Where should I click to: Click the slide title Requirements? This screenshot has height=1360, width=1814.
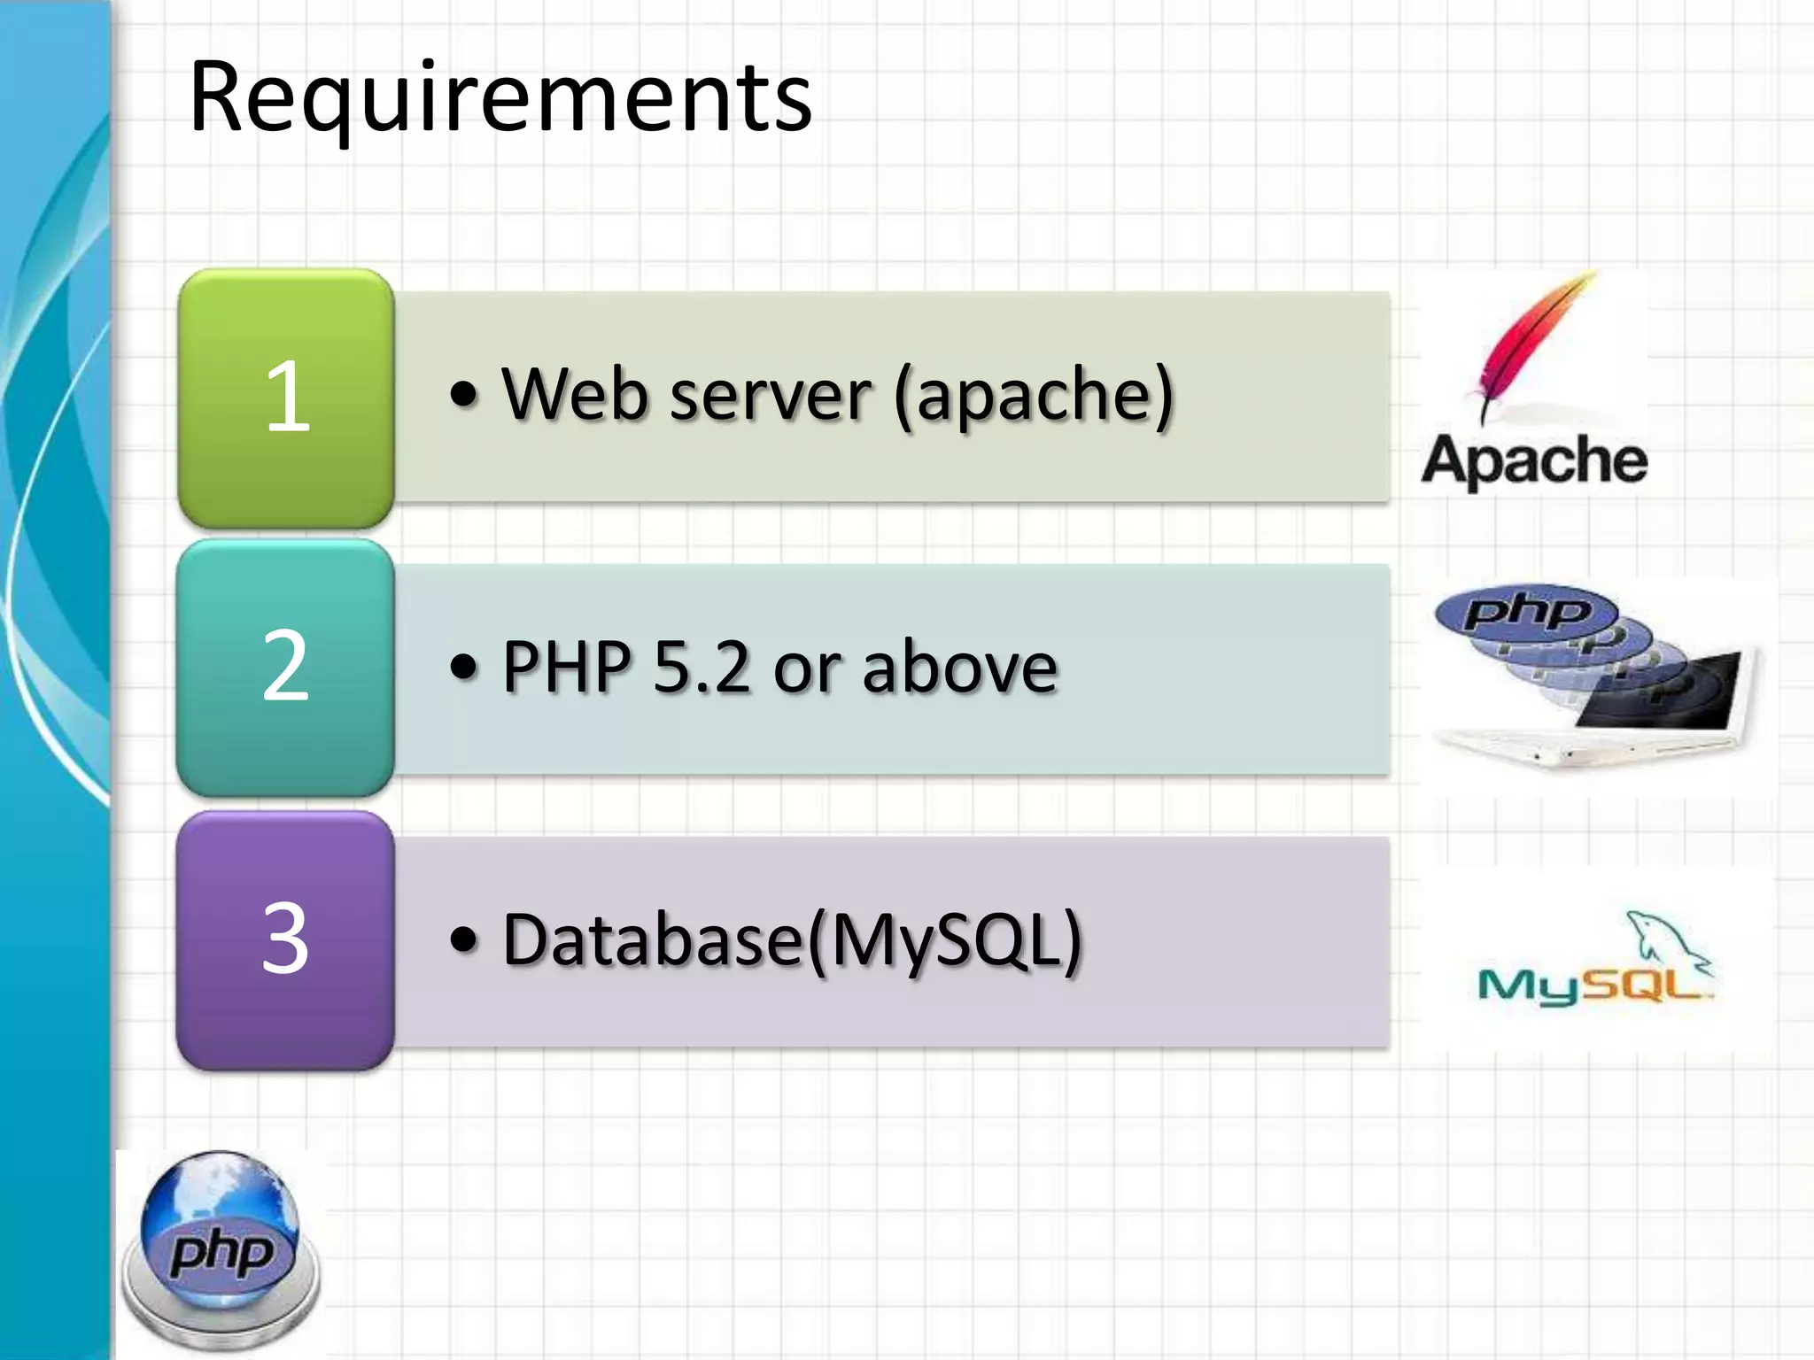(500, 97)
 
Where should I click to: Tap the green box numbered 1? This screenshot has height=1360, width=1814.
(286, 398)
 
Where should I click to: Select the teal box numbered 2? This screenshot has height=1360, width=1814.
(285, 668)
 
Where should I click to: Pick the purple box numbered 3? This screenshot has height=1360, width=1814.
(285, 940)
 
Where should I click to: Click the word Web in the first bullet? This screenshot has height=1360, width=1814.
(576, 394)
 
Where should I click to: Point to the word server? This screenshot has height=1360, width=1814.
(771, 396)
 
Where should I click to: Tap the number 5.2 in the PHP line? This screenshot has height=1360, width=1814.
(701, 667)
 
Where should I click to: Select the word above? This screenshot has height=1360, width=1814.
(960, 667)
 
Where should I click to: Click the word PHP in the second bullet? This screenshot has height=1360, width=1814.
(567, 667)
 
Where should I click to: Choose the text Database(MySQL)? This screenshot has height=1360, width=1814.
(793, 940)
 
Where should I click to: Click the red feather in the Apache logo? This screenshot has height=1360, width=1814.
(1537, 341)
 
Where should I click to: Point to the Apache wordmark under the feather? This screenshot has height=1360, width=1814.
(1535, 460)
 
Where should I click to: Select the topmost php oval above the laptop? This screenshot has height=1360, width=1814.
(1525, 611)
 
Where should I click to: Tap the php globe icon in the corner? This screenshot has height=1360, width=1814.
(221, 1248)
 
